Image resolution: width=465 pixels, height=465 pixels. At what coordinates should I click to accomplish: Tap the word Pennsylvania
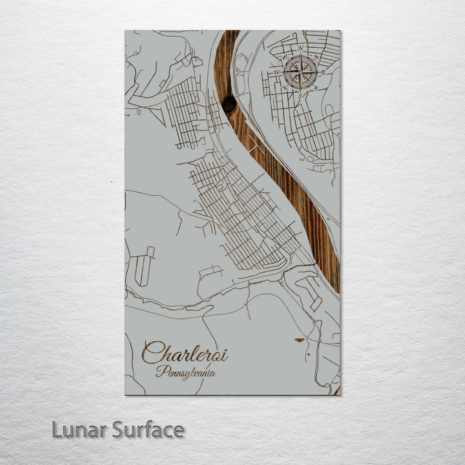tap(185, 372)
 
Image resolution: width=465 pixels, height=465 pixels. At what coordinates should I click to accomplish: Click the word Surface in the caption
tap(148, 429)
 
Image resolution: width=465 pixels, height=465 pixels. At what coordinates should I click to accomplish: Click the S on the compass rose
tap(300, 92)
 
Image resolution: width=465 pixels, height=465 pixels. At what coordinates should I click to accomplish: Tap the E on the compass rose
tap(321, 72)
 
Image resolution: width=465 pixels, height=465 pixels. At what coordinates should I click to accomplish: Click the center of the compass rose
tap(300, 72)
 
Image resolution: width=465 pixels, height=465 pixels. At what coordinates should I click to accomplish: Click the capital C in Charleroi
tap(152, 353)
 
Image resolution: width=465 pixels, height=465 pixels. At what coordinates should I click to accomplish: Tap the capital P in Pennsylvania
tap(160, 371)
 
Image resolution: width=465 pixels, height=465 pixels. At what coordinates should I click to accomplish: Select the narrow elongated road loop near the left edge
tap(144, 265)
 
